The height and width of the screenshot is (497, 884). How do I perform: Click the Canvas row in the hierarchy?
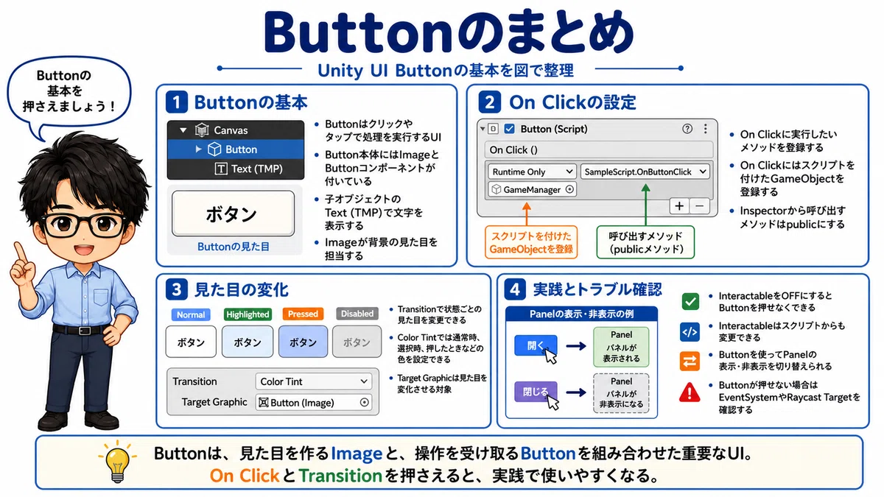click(x=236, y=130)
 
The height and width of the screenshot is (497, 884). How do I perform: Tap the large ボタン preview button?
click(x=234, y=214)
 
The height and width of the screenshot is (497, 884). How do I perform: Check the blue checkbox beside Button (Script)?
click(x=510, y=129)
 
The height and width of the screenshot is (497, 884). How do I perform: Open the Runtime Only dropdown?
click(x=532, y=172)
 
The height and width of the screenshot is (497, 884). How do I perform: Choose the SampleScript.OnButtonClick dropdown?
click(x=645, y=172)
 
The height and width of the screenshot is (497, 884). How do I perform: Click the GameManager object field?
click(x=532, y=190)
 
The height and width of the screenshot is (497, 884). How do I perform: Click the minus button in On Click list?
click(x=699, y=206)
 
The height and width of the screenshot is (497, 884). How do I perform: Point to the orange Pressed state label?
click(x=303, y=314)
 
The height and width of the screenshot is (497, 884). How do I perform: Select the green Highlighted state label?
click(x=248, y=314)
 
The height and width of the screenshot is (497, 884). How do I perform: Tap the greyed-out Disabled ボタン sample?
click(x=357, y=342)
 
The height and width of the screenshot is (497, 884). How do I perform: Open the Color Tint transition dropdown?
click(x=313, y=381)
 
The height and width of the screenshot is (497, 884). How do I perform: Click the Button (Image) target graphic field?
click(x=313, y=402)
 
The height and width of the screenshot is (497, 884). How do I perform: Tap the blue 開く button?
click(x=536, y=345)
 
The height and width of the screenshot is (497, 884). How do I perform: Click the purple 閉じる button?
click(x=536, y=391)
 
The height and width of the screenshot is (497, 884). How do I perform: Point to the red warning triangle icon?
click(x=690, y=392)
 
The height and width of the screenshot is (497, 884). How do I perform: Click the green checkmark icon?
click(x=690, y=302)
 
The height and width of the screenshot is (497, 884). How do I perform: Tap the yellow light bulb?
click(x=117, y=462)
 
